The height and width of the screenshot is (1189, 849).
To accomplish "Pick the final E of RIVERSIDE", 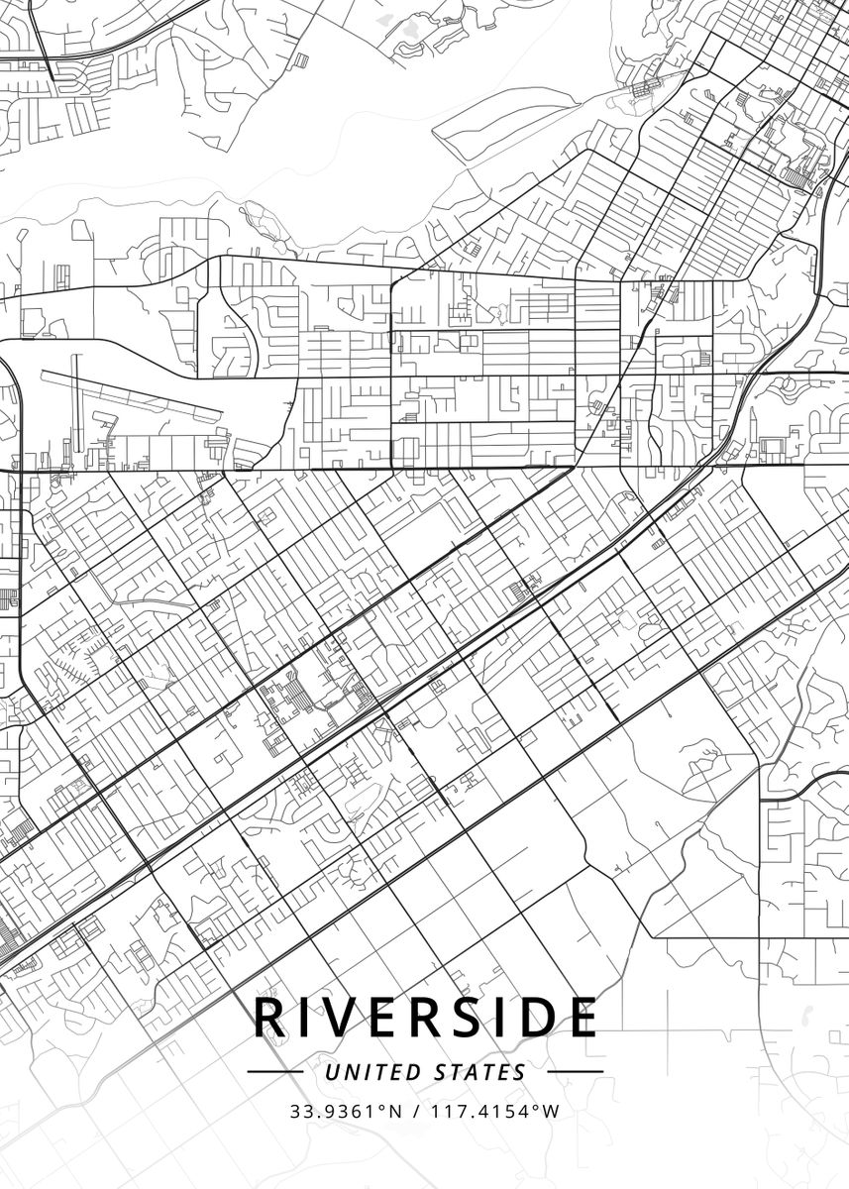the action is (x=582, y=1017).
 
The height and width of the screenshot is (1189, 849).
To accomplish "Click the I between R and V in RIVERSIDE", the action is (x=302, y=1017).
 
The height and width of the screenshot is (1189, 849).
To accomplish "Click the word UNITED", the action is (x=371, y=1072).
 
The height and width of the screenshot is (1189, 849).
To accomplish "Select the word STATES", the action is (x=480, y=1072).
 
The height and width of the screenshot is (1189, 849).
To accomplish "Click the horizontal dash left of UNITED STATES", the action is (x=274, y=1071).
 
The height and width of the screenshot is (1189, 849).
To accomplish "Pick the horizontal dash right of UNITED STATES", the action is (x=575, y=1071).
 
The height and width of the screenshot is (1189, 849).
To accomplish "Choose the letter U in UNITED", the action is (x=332, y=1072).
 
